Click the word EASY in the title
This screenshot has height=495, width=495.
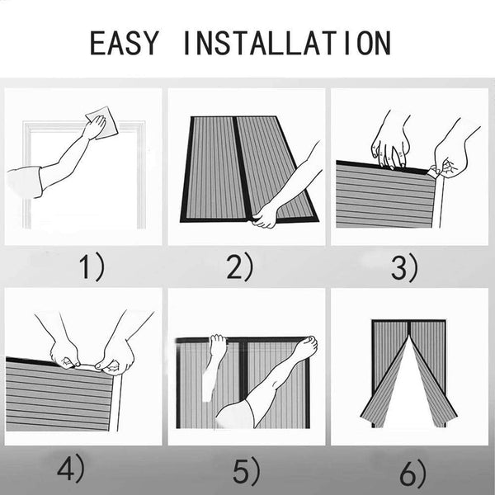pyautogui.click(x=124, y=43)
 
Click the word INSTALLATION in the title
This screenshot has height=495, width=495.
pyautogui.click(x=287, y=43)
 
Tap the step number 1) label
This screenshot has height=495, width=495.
pyautogui.click(x=92, y=267)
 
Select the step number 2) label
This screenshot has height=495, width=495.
pyautogui.click(x=240, y=267)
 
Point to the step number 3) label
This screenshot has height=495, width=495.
pyautogui.click(x=404, y=268)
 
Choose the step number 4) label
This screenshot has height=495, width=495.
pyautogui.click(x=71, y=468)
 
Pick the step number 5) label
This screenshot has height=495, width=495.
pyautogui.click(x=247, y=471)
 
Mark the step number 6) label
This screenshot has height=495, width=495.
pyautogui.click(x=413, y=473)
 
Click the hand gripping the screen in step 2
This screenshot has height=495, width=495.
pyautogui.click(x=265, y=215)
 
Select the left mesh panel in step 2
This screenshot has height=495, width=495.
pyautogui.click(x=214, y=167)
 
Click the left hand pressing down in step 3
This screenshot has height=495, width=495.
pyautogui.click(x=390, y=151)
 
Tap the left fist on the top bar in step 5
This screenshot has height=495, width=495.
pyautogui.click(x=219, y=345)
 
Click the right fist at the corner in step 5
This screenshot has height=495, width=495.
pyautogui.click(x=305, y=346)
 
